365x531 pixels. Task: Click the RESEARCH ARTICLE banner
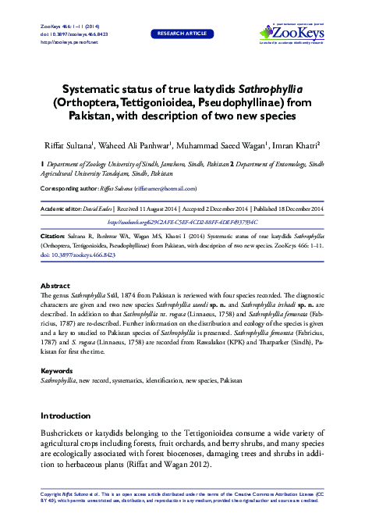tap(182, 34)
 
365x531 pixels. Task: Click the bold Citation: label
tap(54, 234)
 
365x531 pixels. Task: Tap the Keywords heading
tap(57, 370)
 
